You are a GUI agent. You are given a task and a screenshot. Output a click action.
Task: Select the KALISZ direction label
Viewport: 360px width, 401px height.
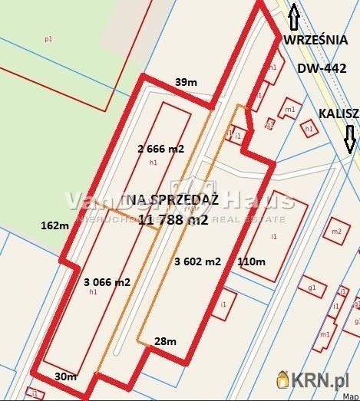(x=339, y=113)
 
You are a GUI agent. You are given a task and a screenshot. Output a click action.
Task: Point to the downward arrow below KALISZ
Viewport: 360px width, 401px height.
(x=350, y=139)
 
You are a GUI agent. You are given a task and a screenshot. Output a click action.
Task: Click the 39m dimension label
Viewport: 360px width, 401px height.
(x=185, y=82)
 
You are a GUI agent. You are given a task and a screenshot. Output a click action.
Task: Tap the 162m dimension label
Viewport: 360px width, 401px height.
(x=54, y=225)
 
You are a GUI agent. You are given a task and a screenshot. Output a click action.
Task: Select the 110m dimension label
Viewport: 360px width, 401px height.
(x=251, y=261)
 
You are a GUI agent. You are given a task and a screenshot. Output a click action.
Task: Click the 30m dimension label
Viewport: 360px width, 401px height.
(x=66, y=376)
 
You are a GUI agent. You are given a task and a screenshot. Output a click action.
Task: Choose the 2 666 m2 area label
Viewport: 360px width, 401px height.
(x=160, y=149)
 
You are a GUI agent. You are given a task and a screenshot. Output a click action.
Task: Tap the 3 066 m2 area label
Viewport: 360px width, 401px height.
(x=107, y=281)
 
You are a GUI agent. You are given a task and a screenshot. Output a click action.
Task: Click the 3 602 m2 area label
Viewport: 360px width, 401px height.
(x=197, y=261)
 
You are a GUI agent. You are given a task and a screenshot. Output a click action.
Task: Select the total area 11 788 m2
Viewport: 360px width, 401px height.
(x=173, y=220)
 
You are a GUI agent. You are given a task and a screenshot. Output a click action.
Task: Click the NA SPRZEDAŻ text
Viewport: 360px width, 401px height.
(x=173, y=199)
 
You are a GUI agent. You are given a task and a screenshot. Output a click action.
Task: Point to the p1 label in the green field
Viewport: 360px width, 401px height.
(x=48, y=38)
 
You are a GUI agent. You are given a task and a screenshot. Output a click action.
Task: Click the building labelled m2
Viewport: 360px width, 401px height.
(x=336, y=231)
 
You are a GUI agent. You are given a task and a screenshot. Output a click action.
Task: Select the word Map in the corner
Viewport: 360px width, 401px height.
(x=349, y=397)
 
